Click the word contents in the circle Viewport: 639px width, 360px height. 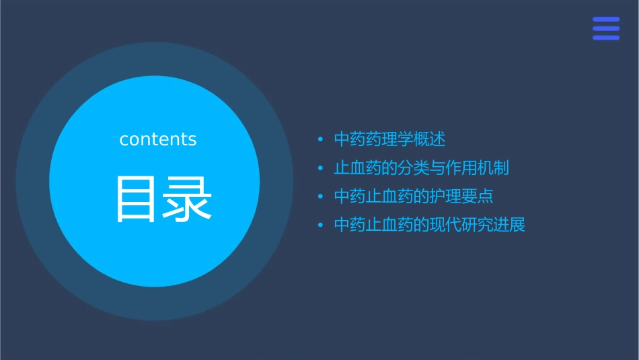point(158,139)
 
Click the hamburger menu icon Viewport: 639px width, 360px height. point(606,28)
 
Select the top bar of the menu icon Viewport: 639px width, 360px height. point(606,20)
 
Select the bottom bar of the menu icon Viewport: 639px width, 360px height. point(606,38)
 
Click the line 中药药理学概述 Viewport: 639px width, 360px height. point(389,140)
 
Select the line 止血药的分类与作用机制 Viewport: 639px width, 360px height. point(421,168)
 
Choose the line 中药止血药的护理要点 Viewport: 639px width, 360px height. point(414,196)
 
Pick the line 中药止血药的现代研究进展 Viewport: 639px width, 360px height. point(429,225)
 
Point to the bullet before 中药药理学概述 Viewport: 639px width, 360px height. point(321,140)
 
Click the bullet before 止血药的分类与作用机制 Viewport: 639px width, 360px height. point(321,168)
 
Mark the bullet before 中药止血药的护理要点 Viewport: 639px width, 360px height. point(321,196)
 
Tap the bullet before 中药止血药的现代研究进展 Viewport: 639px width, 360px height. point(321,225)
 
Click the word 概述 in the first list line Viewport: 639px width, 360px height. point(430,140)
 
